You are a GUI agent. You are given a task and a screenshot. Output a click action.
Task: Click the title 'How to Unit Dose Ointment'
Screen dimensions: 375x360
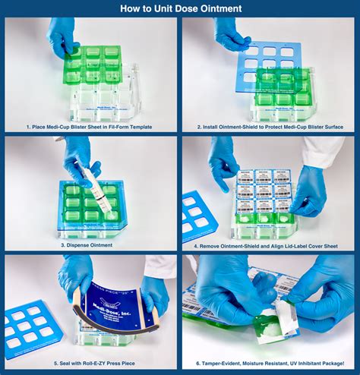180,8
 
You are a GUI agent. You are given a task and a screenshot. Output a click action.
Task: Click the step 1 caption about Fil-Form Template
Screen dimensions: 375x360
91,127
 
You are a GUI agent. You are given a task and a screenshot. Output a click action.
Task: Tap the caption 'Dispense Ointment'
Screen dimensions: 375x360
91,245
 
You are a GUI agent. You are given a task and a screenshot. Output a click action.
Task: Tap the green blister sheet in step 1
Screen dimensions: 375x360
95,65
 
